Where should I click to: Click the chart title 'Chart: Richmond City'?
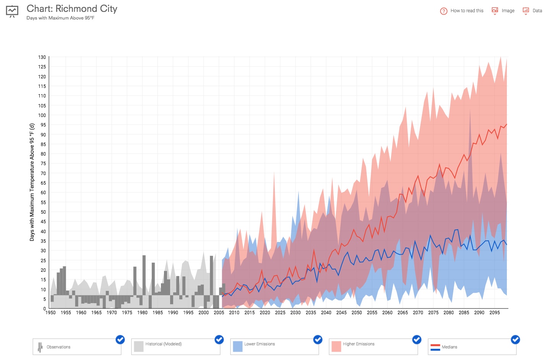[72, 9]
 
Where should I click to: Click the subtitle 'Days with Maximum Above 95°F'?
[60, 18]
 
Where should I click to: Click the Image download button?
[503, 11]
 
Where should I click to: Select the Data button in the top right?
[532, 11]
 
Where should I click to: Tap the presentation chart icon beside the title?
[12, 11]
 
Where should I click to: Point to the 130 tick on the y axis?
[42, 57]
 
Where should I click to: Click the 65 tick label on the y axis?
[43, 183]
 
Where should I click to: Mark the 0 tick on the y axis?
[44, 308]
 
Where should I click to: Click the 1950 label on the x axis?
[50, 313]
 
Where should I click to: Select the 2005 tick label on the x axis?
[219, 313]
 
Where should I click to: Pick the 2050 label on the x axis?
[357, 313]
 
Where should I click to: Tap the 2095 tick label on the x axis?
[494, 313]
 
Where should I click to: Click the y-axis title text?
[32, 182]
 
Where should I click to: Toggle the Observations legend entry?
[77, 347]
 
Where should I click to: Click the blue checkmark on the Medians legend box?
[515, 339]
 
